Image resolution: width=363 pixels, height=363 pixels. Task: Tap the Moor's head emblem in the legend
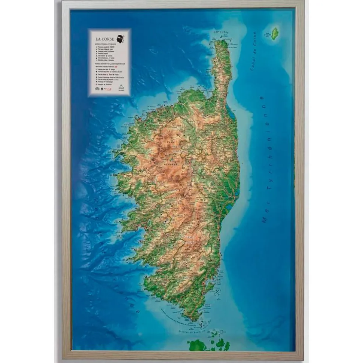(121, 38)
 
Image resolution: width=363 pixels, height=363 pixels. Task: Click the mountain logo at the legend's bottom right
(122, 88)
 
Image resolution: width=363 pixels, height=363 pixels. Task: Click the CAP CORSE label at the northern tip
(221, 33)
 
